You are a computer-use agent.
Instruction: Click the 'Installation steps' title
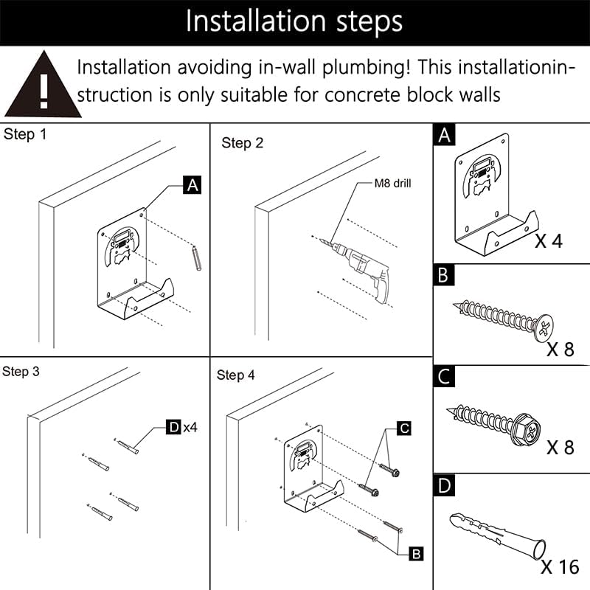[x=294, y=21]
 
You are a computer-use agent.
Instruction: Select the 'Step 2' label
[x=242, y=143]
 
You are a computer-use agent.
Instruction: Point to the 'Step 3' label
[x=21, y=372]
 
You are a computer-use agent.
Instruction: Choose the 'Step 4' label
[x=236, y=375]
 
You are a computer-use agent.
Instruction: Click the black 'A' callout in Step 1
[x=192, y=185]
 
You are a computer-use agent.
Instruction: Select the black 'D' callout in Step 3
[x=173, y=426]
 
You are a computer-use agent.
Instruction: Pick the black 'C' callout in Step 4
[x=404, y=428]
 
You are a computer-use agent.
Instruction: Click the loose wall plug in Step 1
[x=197, y=259]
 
